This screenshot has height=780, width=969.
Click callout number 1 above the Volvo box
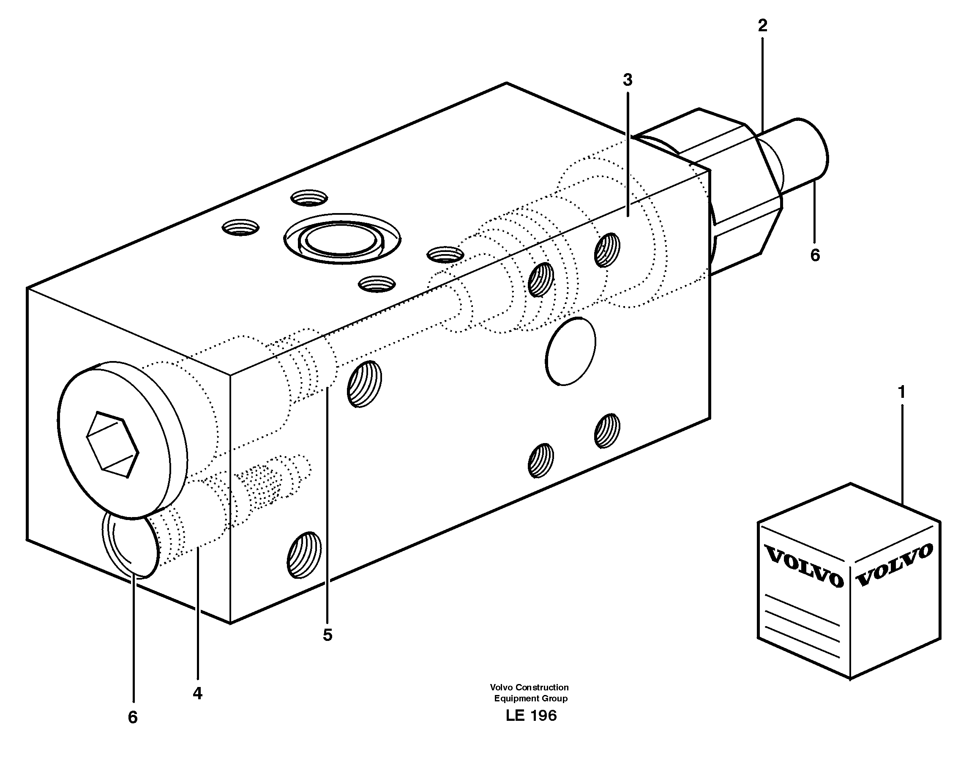click(x=901, y=392)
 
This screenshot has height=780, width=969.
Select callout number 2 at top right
click(x=762, y=26)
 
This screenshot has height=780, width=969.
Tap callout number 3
click(x=628, y=80)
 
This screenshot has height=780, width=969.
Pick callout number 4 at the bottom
click(x=197, y=693)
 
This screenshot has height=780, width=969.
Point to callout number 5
click(x=327, y=635)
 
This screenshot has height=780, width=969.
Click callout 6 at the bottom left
click(x=133, y=717)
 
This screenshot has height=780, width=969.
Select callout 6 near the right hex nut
click(x=815, y=255)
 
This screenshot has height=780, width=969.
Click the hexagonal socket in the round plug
click(x=112, y=444)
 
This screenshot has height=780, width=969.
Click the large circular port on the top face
click(x=341, y=238)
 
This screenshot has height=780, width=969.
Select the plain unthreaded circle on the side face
click(x=570, y=351)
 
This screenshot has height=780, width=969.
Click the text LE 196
click(x=531, y=715)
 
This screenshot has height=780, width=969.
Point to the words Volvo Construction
click(x=529, y=687)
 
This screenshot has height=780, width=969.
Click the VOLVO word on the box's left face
click(x=804, y=567)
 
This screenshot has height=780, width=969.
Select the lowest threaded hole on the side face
click(x=304, y=555)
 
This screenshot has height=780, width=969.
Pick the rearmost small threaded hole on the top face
click(x=309, y=197)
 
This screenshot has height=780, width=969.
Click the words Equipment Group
click(x=530, y=698)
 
